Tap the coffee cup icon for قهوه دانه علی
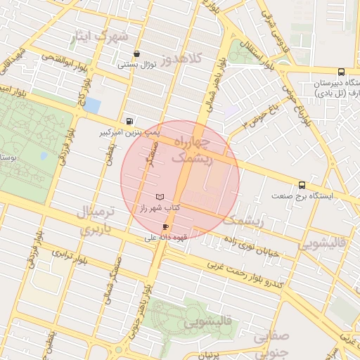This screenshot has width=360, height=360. [x=166, y=227]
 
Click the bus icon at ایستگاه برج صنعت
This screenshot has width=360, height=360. [x=302, y=185]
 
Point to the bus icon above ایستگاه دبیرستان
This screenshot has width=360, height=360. [x=341, y=72]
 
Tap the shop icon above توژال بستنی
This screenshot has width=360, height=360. [x=136, y=54]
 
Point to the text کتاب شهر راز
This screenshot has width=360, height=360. [x=160, y=208]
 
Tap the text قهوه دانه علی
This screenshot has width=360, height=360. [x=157, y=238]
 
